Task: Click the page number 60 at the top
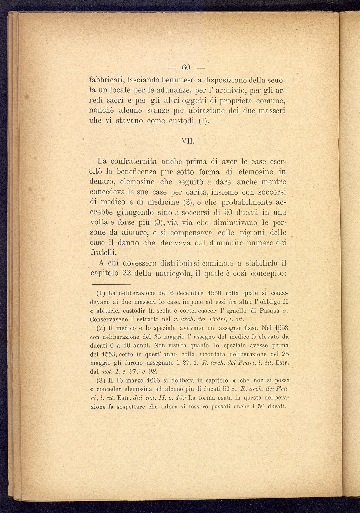[186, 68]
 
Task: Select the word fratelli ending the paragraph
[103, 253]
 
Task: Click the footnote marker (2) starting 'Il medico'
[101, 328]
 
